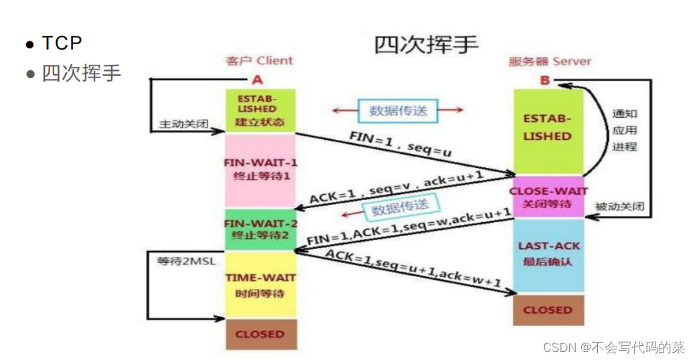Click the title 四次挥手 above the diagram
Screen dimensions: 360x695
click(426, 44)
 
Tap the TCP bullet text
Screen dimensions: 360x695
click(62, 43)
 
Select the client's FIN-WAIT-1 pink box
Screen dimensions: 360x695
click(260, 169)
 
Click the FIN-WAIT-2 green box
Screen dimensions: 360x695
click(260, 230)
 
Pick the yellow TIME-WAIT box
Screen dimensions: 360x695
click(260, 284)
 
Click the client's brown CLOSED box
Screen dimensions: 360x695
click(260, 334)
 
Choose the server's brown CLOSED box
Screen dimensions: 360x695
click(547, 310)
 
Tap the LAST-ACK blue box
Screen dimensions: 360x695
click(547, 254)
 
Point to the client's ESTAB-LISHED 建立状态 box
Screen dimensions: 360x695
click(260, 110)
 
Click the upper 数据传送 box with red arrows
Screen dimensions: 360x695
click(398, 110)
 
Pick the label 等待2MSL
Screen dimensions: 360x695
click(186, 262)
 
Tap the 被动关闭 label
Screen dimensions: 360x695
click(619, 207)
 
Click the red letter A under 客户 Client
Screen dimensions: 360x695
click(258, 80)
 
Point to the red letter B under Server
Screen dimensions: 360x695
click(544, 81)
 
